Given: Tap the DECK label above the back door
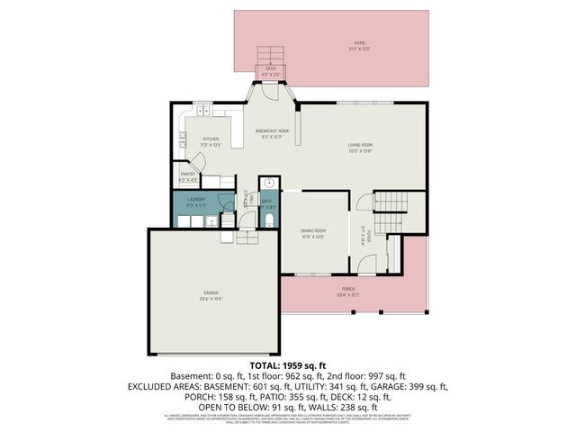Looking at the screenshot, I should tap(270, 68).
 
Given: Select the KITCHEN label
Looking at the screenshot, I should tap(210, 139).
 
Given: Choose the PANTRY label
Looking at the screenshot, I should tap(188, 175).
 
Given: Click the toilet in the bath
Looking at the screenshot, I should tap(269, 220).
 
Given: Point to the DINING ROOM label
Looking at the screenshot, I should tap(313, 231).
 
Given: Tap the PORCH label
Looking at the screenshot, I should tap(348, 292).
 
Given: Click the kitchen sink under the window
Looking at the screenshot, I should tap(204, 112).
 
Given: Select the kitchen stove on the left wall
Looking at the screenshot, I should tap(183, 139).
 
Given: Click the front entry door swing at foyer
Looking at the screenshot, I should tap(364, 263).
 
